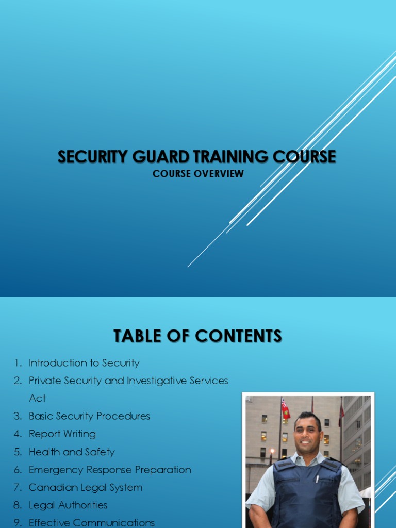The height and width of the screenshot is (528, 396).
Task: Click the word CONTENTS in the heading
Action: click(239, 336)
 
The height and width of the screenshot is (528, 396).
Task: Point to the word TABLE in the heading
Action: click(137, 336)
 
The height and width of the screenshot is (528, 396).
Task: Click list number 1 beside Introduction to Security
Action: click(18, 363)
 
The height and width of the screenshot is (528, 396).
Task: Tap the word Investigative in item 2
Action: click(157, 381)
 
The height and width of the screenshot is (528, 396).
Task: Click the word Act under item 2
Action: click(37, 398)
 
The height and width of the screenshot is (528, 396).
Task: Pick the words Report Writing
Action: click(62, 434)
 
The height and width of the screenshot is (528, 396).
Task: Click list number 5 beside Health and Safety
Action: click(18, 452)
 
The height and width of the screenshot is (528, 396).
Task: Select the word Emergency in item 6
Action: click(54, 470)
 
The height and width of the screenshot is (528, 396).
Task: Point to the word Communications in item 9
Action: click(114, 523)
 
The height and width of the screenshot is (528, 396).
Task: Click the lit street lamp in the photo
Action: click(272, 452)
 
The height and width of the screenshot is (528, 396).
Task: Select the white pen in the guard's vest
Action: click(318, 479)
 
